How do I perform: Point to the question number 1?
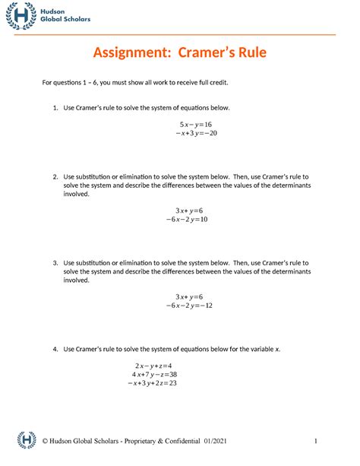point(55,108)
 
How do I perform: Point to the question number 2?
point(55,176)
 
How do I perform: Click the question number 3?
point(55,262)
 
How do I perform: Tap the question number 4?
point(55,349)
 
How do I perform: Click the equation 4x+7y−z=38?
point(154,375)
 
